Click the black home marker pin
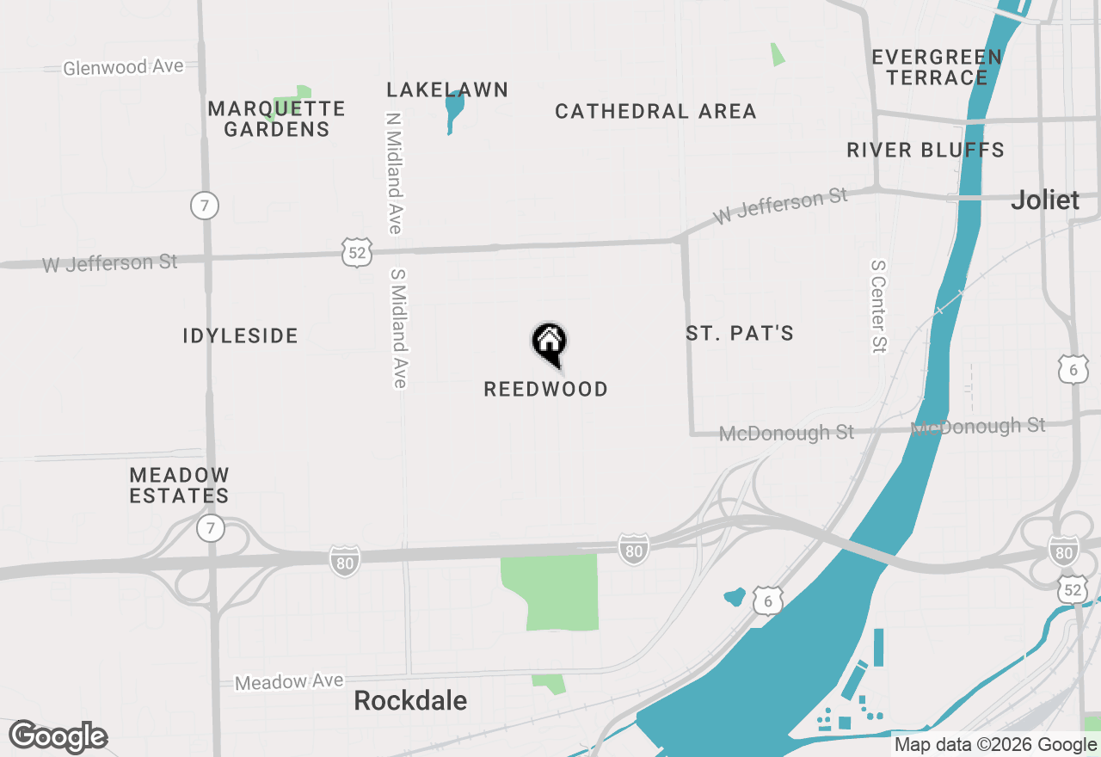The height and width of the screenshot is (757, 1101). click(x=549, y=342)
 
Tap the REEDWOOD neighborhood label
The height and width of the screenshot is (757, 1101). click(x=545, y=390)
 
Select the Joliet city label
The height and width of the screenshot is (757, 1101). click(x=1045, y=200)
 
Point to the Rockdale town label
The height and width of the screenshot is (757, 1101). click(x=410, y=701)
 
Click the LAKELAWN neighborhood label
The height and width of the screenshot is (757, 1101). click(x=447, y=90)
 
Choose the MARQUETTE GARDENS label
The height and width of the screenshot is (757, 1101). click(x=276, y=119)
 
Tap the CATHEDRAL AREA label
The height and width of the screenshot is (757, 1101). click(x=655, y=112)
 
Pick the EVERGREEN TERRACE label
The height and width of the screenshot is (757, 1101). click(x=937, y=67)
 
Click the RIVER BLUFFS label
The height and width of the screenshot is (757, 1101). click(x=926, y=151)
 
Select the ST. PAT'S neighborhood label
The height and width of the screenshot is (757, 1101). click(x=740, y=334)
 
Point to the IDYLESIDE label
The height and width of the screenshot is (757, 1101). click(x=240, y=336)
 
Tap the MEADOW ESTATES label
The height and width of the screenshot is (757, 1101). click(x=179, y=485)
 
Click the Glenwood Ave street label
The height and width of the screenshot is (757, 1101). click(x=123, y=67)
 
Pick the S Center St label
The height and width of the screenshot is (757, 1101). click(x=878, y=306)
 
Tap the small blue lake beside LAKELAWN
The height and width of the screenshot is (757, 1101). click(x=453, y=108)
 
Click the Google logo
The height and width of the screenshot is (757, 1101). click(x=58, y=737)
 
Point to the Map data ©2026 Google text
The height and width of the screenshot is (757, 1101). click(x=995, y=745)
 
